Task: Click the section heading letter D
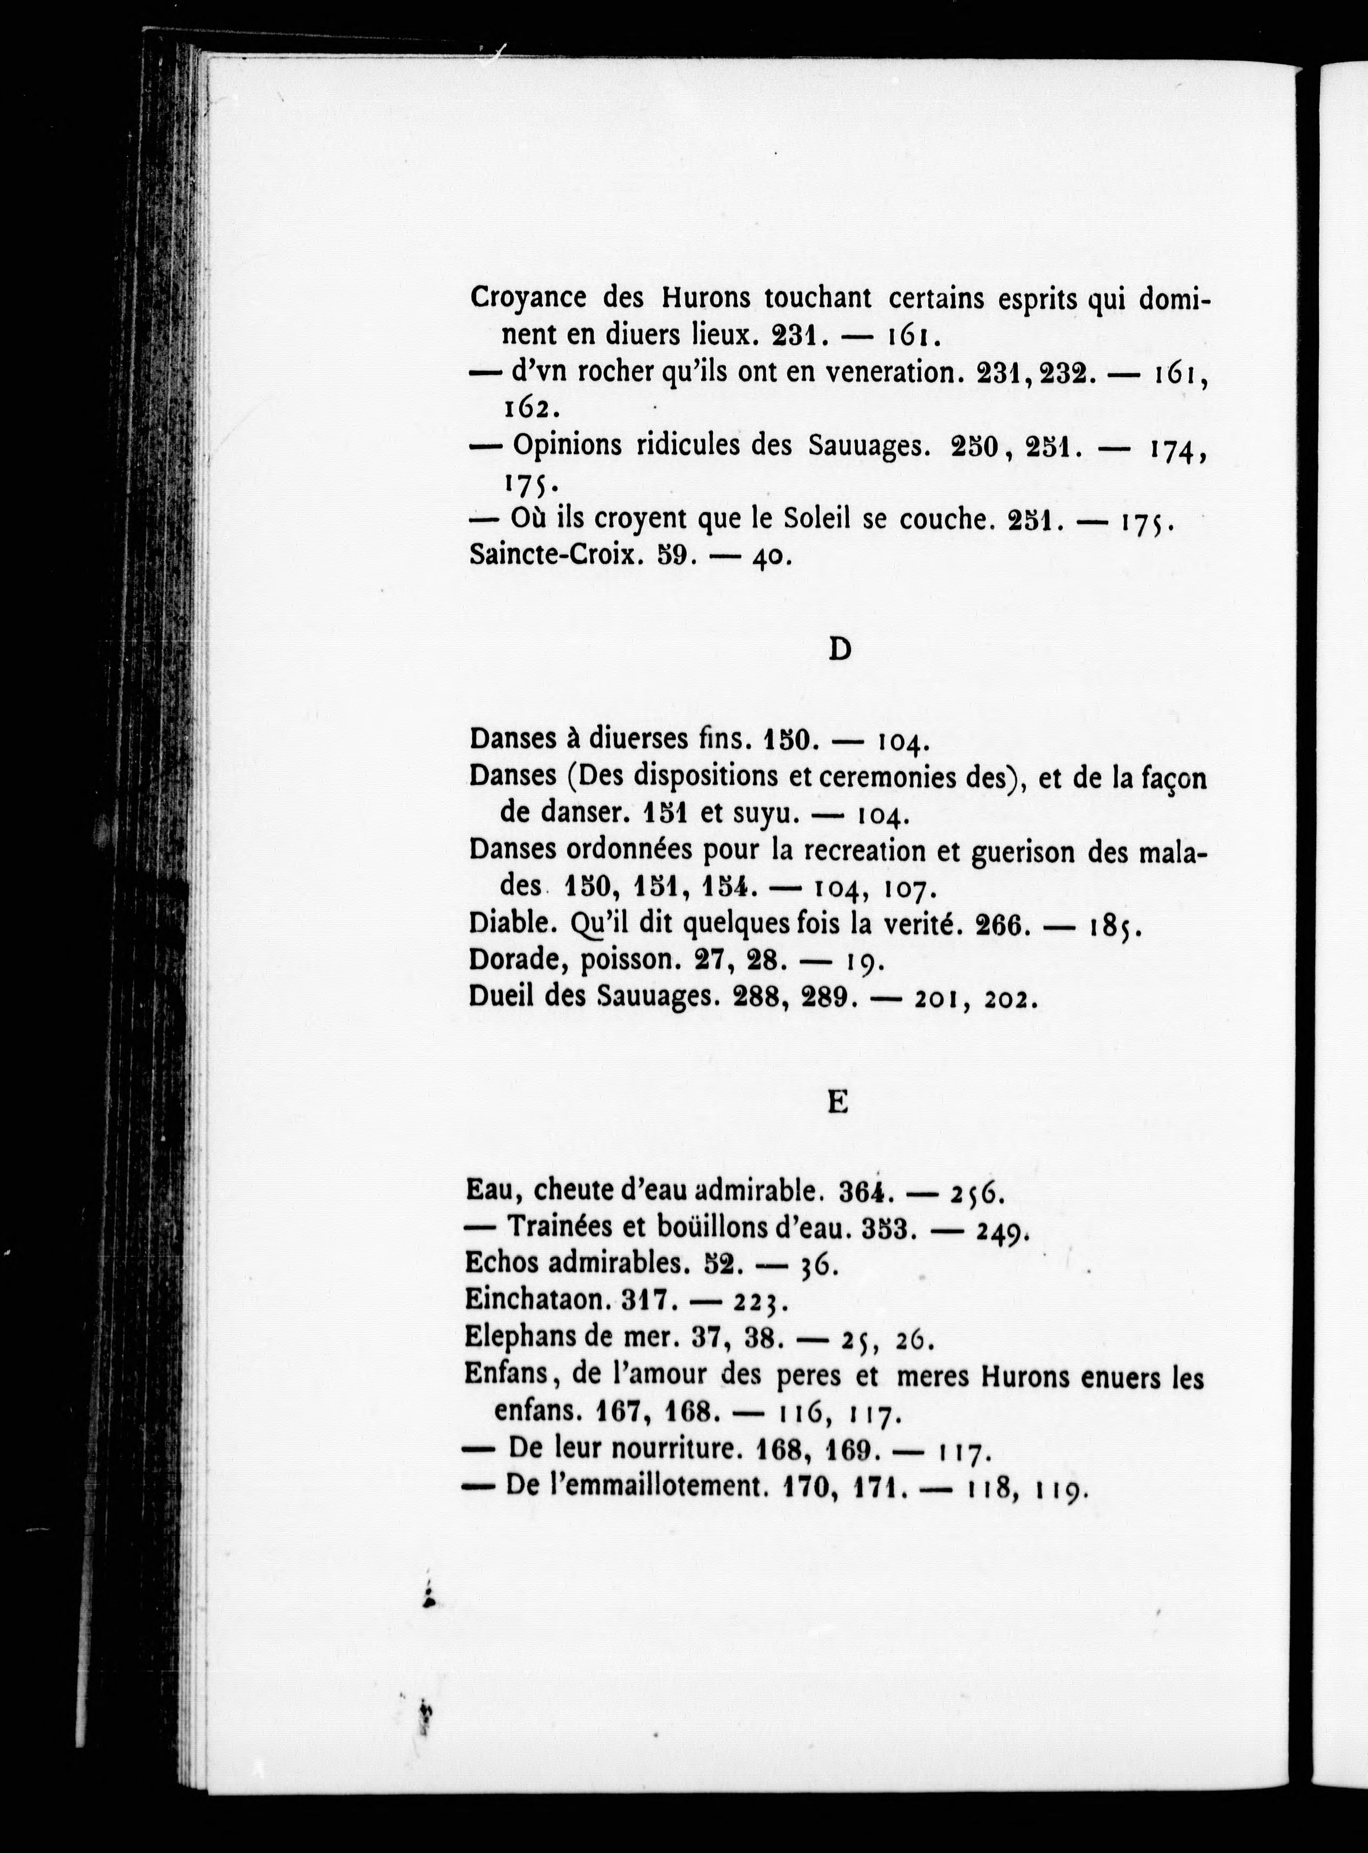(x=839, y=650)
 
